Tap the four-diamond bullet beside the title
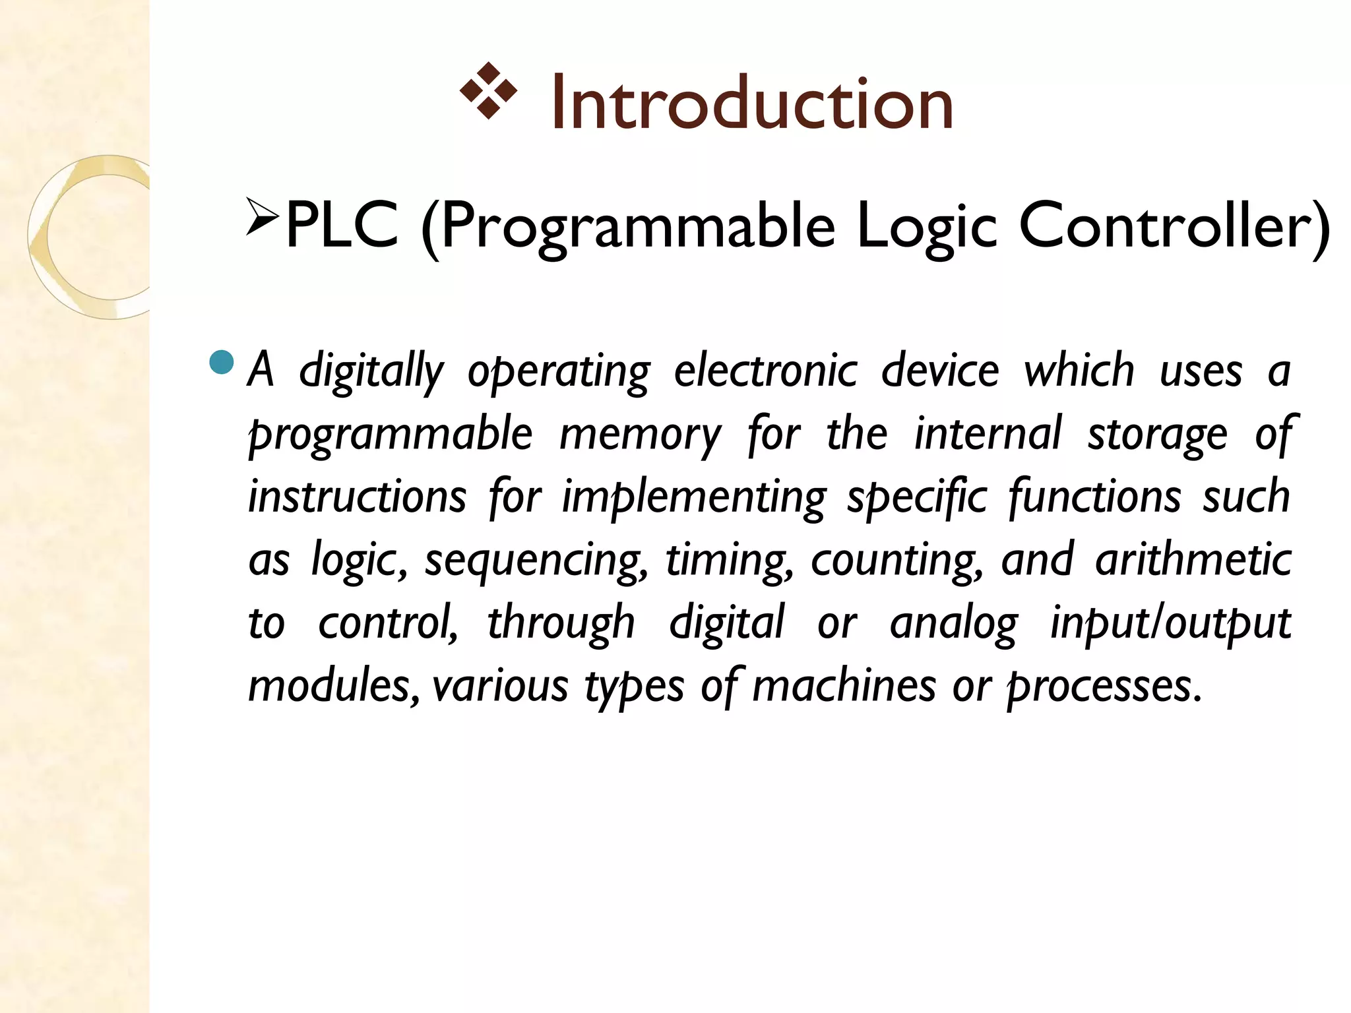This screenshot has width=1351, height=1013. (x=488, y=91)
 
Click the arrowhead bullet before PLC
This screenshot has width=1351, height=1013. (x=263, y=216)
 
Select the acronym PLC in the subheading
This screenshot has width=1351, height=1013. (x=342, y=226)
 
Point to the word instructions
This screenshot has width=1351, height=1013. (x=357, y=497)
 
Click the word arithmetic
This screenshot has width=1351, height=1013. (x=1193, y=560)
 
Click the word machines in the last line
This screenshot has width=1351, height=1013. (x=844, y=686)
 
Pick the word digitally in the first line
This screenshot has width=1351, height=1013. (x=371, y=371)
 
